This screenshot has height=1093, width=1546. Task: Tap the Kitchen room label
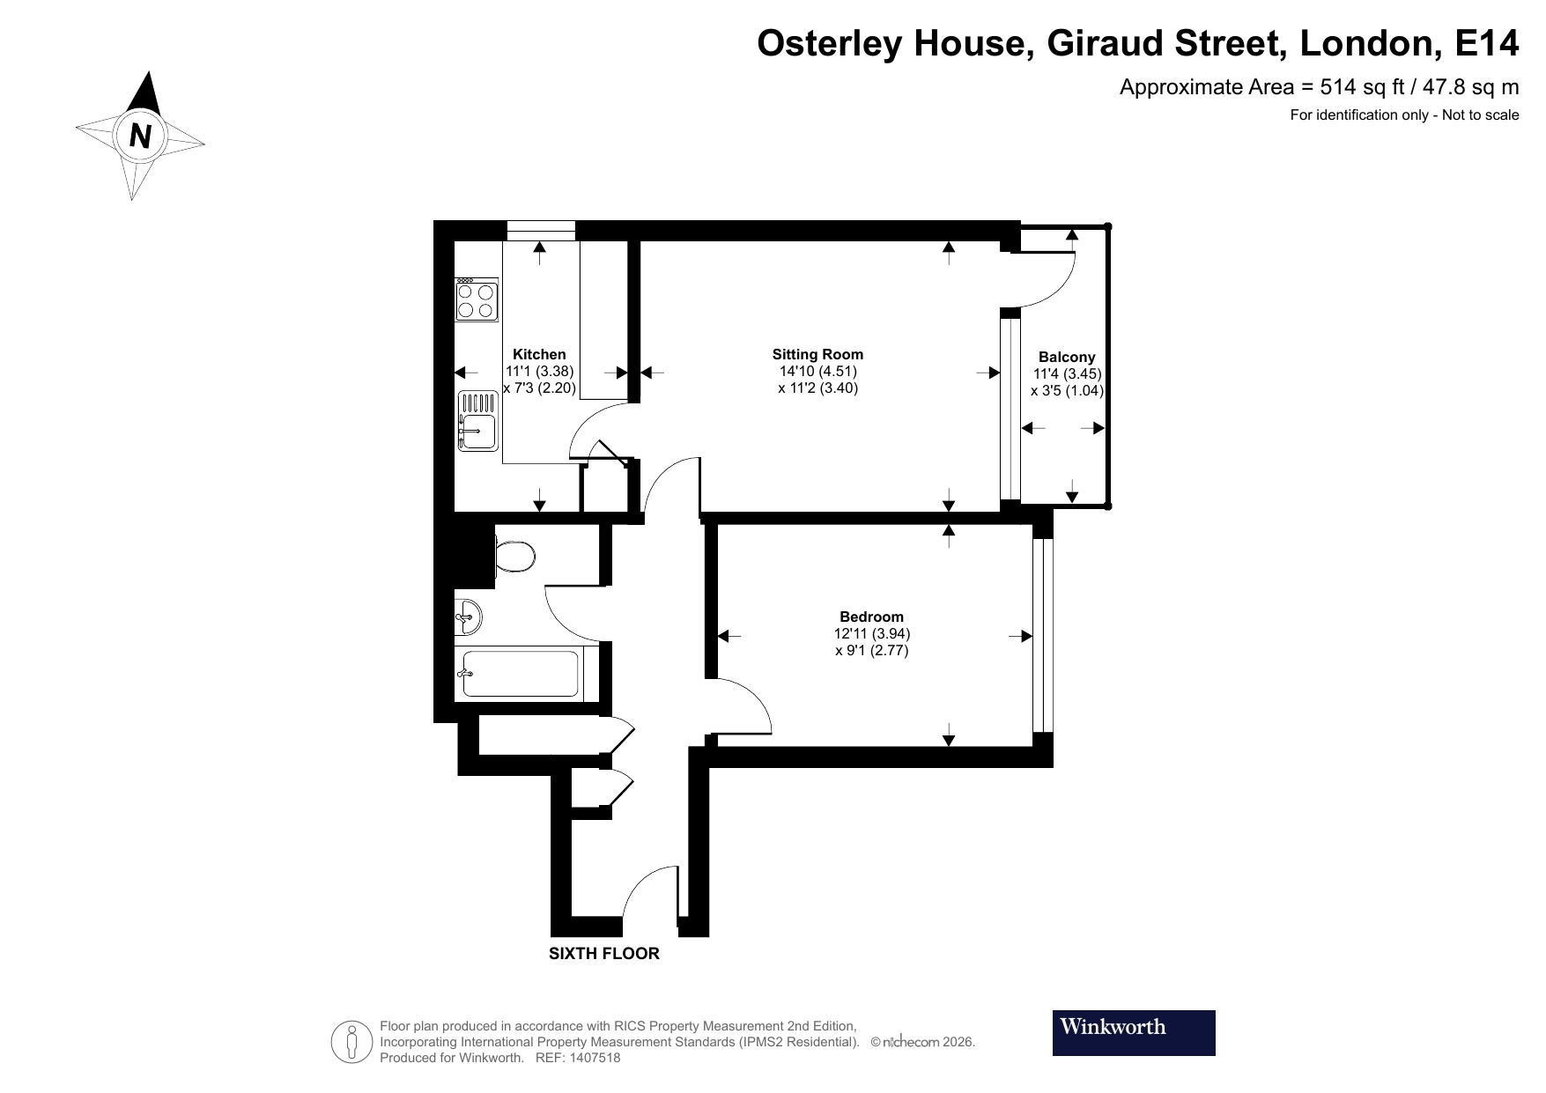539,354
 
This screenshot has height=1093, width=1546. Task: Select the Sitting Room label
817,354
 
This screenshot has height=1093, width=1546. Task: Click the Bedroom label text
871,617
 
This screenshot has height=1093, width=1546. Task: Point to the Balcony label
1067,357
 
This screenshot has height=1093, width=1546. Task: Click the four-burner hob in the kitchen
476,299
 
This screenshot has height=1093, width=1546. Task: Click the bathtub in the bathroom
520,674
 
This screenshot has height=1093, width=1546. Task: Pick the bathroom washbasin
468,616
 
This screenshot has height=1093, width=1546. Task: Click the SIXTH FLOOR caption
603,953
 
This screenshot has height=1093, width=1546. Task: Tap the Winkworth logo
1133,1032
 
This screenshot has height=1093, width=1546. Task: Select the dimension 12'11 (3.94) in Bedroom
871,633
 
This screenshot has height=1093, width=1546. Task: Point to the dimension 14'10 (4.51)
817,371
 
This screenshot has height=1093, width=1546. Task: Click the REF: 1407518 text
577,1058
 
